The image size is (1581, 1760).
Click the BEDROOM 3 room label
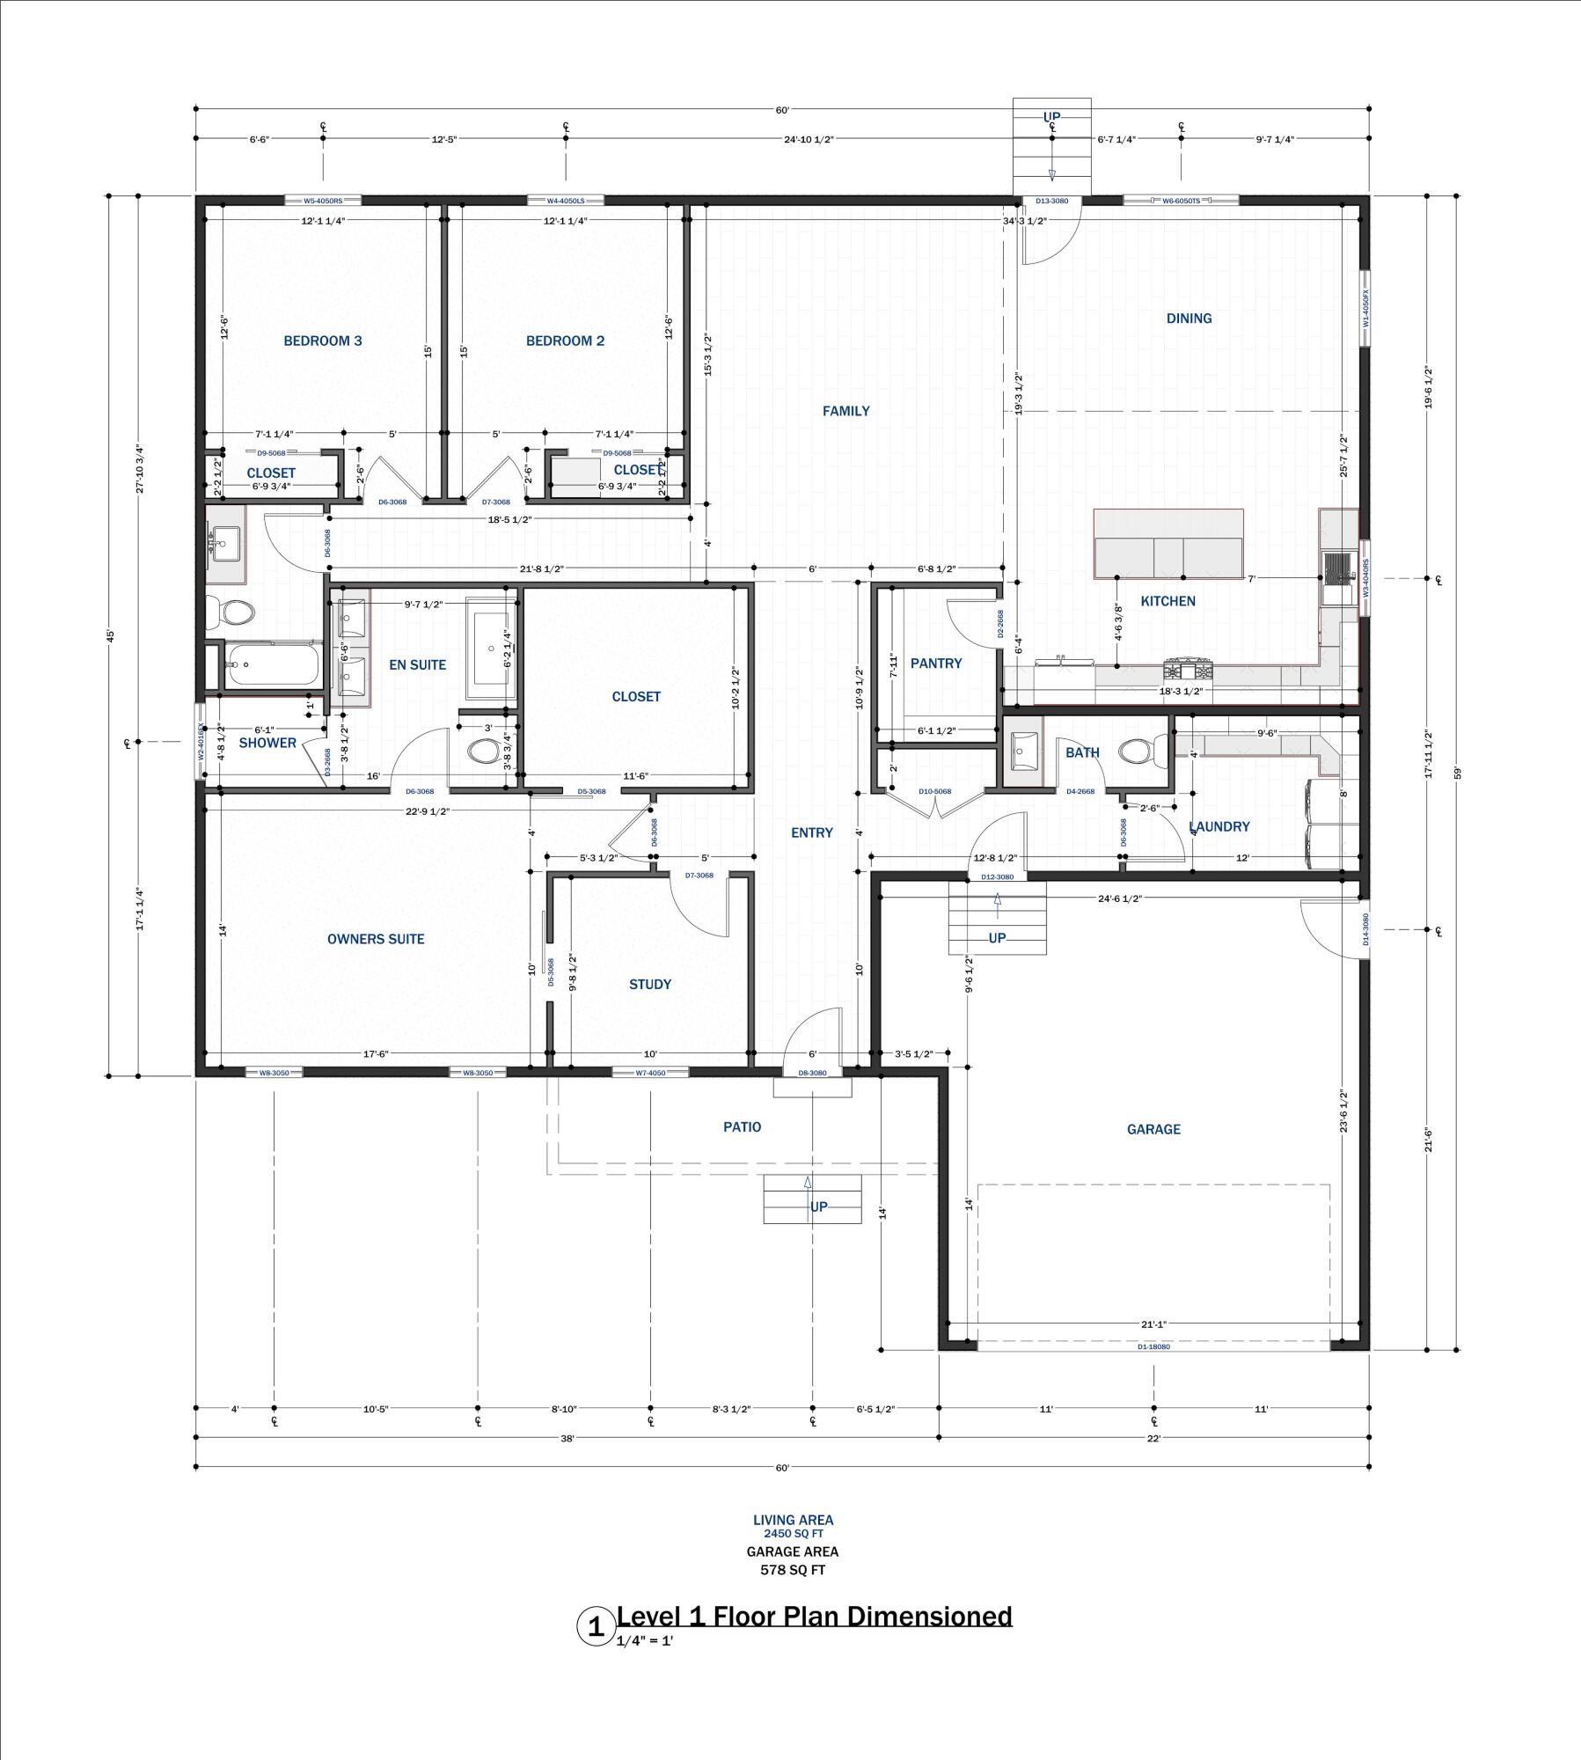pos(322,341)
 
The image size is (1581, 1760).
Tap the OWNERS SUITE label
pos(376,939)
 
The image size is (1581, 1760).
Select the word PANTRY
pos(935,664)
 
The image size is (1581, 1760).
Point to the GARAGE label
pos(1153,1129)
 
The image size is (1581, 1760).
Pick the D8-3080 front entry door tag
pos(812,1073)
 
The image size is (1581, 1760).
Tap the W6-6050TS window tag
pos(1181,202)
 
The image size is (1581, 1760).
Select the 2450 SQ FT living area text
pos(793,1533)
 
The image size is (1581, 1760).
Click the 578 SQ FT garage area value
pos(793,1570)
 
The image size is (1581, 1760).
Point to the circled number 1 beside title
pos(596,1627)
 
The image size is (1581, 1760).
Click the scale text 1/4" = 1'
pos(644,1641)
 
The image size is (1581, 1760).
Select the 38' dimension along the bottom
pos(567,1439)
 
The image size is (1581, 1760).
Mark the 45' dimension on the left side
pos(111,634)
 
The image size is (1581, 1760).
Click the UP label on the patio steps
pos(819,1206)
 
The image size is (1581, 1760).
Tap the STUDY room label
pos(650,985)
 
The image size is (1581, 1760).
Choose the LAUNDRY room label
pos(1219,826)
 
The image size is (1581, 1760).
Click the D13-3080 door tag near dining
pos(1051,202)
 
